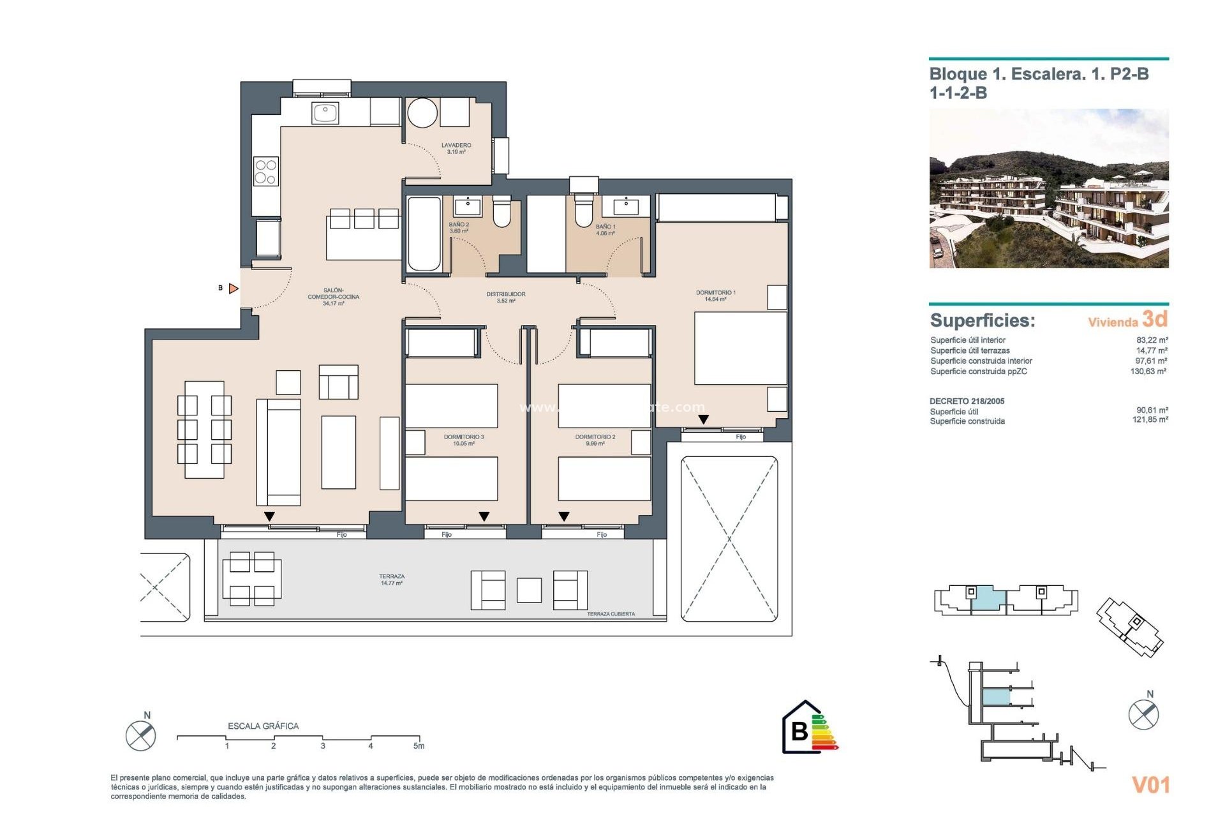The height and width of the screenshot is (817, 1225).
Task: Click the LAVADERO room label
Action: [x=456, y=148]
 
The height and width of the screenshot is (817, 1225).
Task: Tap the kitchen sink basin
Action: [x=325, y=114]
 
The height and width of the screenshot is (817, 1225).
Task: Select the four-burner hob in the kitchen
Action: [x=265, y=171]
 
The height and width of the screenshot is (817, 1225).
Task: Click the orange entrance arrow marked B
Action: [x=234, y=289]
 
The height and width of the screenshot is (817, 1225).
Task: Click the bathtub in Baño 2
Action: [x=424, y=234]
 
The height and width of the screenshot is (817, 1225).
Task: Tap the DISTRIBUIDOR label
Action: [x=505, y=297]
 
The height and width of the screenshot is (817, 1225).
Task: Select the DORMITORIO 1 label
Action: [x=715, y=296]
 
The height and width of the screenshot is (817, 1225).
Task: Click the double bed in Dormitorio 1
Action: [x=740, y=348]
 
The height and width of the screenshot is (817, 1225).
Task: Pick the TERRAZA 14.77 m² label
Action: [x=391, y=580]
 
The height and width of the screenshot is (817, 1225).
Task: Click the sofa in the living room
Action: [x=278, y=452]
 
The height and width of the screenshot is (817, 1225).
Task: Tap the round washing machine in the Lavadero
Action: [x=422, y=113]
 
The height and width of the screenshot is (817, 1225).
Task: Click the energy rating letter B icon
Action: [x=800, y=730]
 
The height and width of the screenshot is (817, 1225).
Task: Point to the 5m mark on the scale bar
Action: [x=419, y=745]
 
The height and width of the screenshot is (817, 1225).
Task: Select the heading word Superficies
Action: [x=982, y=320]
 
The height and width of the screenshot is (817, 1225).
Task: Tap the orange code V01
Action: [x=1150, y=785]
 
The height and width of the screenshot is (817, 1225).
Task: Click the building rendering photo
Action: [x=1048, y=188]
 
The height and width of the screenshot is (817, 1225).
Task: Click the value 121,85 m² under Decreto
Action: [x=1150, y=420]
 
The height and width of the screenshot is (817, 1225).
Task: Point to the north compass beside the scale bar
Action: [x=140, y=735]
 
